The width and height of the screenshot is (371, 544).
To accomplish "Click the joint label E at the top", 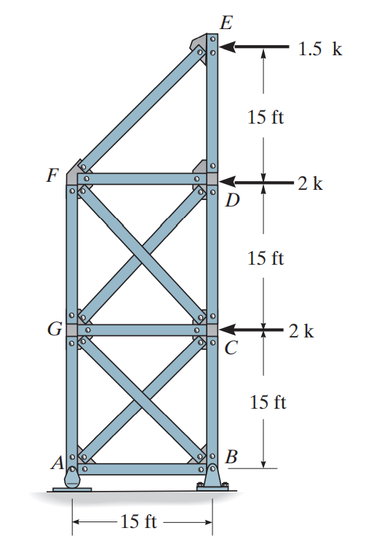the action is click(226, 23).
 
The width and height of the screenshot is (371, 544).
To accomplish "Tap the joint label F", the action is click(53, 175).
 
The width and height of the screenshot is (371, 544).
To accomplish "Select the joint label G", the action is click(55, 329).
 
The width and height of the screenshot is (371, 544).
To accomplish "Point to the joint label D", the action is click(232, 200).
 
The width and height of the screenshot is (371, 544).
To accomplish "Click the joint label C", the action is click(231, 348).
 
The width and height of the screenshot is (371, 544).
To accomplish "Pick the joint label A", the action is click(57, 463).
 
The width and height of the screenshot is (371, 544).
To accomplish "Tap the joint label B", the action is click(231, 457).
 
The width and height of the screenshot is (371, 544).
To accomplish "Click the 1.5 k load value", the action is click(320, 49).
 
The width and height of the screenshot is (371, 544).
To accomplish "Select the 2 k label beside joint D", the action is click(311, 183).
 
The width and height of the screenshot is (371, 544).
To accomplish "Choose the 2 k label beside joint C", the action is click(301, 331).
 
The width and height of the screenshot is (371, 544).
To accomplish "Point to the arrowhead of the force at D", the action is click(227, 181).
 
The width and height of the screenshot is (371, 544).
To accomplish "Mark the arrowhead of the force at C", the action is click(227, 329).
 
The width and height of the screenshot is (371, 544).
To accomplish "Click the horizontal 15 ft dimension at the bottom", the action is click(138, 521).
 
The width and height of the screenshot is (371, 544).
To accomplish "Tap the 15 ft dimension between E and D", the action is click(266, 116).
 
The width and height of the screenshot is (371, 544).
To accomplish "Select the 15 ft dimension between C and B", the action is click(268, 402).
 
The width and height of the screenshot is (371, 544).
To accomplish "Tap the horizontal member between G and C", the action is click(142, 330).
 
